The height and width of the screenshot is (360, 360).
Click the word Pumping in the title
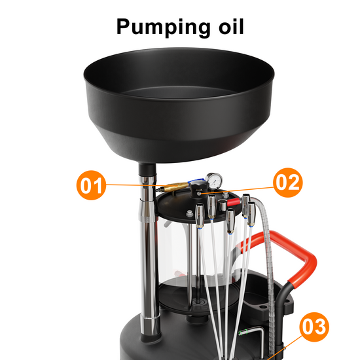click(x=163, y=27)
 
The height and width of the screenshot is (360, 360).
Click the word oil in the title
click(x=231, y=26)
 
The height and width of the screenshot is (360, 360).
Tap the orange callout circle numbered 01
click(x=91, y=185)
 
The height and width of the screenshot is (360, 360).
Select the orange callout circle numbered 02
click(x=288, y=183)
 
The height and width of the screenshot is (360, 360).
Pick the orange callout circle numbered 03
click(x=314, y=327)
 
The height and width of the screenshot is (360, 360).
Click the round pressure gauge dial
click(x=214, y=181)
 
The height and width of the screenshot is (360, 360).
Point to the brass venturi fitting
click(x=176, y=187)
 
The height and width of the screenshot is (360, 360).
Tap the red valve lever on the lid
click(x=234, y=202)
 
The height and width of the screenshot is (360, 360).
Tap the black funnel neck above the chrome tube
click(x=147, y=170)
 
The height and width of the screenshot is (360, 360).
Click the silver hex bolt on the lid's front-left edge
click(x=189, y=213)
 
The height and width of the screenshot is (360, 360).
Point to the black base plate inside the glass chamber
click(x=198, y=294)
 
